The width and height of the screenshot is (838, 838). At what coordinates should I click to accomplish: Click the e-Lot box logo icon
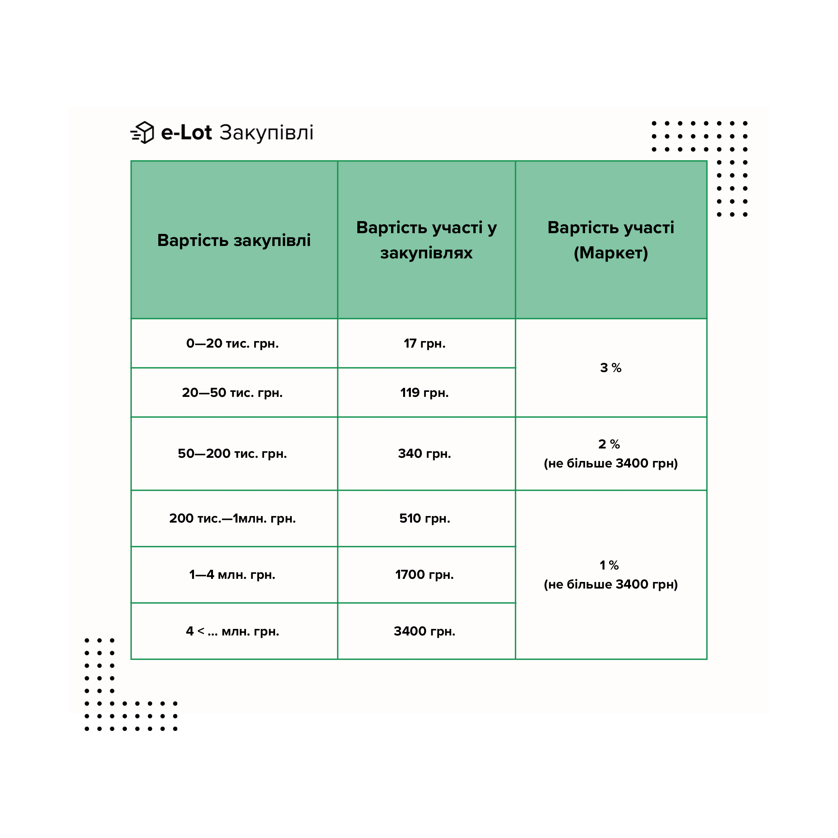tap(142, 132)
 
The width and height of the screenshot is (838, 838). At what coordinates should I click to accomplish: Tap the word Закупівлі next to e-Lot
tap(266, 133)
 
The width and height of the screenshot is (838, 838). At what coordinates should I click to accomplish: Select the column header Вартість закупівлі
tap(234, 240)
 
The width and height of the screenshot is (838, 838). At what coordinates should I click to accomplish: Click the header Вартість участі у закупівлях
tap(426, 240)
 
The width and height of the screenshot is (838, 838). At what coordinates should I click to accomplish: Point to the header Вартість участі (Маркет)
tap(611, 240)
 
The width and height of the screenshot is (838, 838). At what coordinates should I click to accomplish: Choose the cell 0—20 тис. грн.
tap(232, 343)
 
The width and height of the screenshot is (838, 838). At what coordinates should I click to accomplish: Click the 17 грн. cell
tap(425, 343)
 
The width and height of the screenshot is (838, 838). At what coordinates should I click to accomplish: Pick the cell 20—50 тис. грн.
tap(232, 393)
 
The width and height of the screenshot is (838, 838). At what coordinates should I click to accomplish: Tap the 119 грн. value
tap(425, 393)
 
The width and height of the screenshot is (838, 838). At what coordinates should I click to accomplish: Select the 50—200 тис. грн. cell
tap(232, 454)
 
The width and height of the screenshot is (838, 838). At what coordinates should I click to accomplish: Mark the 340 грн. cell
tap(425, 454)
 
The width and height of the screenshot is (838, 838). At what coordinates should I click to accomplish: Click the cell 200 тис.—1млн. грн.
tap(232, 518)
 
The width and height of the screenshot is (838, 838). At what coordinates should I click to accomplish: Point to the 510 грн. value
tap(425, 518)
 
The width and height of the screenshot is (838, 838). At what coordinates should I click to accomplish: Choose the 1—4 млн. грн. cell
tap(232, 575)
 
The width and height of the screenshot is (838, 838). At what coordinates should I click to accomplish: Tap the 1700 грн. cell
tap(425, 575)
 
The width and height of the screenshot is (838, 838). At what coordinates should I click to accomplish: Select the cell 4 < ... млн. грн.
tap(232, 631)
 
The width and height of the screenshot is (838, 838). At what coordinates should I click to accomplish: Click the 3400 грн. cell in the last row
tap(425, 631)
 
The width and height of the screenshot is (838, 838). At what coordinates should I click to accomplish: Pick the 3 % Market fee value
tap(611, 368)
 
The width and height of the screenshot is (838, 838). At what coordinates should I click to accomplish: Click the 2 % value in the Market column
tap(609, 444)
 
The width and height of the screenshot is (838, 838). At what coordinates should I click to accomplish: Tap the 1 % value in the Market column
tap(609, 565)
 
